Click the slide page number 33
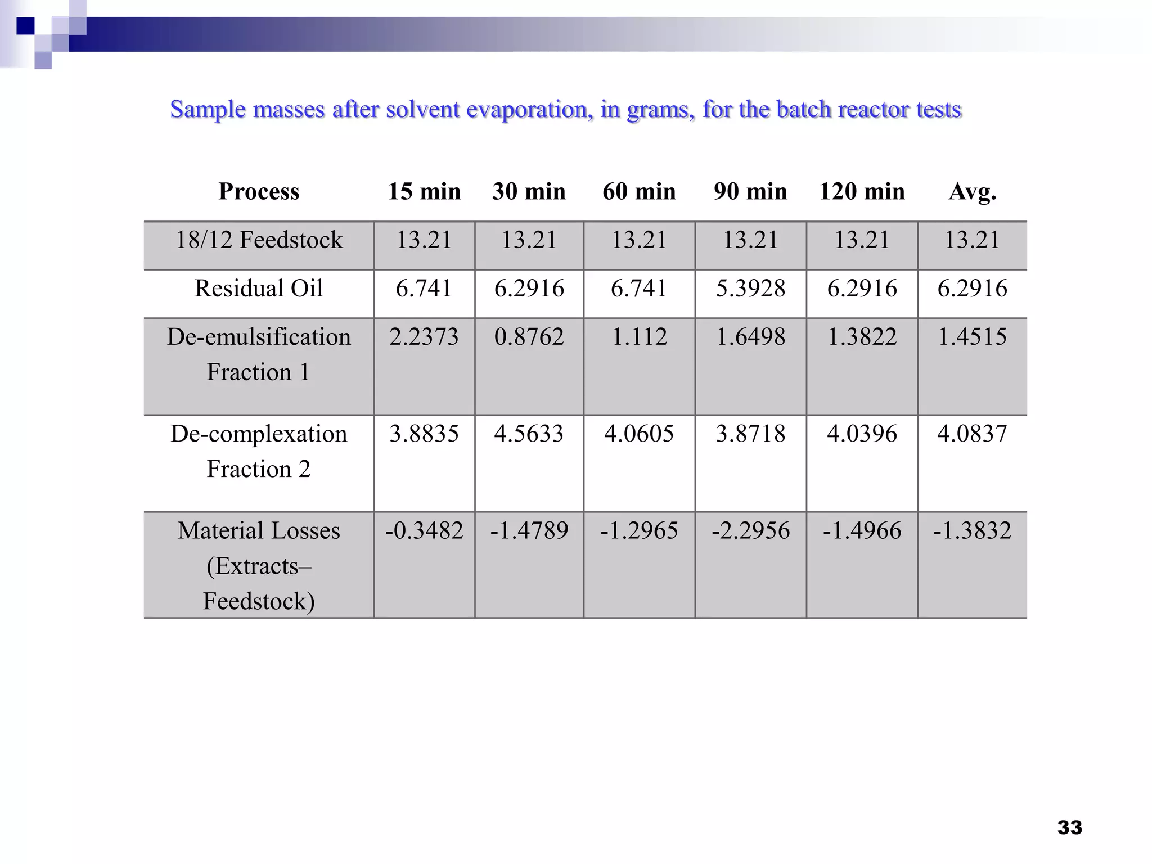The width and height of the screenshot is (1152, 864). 1069,827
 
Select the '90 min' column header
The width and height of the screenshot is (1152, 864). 750,192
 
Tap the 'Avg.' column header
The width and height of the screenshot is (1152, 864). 973,192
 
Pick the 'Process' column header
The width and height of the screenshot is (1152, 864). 259,192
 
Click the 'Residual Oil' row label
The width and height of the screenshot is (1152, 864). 259,289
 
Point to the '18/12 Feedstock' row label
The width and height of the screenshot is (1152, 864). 259,240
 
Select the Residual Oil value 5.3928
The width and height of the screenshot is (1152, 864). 750,289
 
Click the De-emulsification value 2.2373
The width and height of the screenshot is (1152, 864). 424,337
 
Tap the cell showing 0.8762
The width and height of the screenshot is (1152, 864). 529,337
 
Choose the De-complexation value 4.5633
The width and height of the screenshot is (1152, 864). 529,434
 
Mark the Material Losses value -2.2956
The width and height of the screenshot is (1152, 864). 750,530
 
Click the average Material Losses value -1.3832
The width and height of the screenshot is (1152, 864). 973,530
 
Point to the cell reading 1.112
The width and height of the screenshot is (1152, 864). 639,337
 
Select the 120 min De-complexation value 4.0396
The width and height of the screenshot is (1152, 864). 862,434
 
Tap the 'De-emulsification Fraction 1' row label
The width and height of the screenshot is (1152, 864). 259,354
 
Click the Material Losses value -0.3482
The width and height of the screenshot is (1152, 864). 424,530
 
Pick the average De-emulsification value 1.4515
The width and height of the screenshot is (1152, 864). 973,337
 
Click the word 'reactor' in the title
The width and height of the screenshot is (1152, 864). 873,110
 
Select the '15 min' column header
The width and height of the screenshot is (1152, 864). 424,192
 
